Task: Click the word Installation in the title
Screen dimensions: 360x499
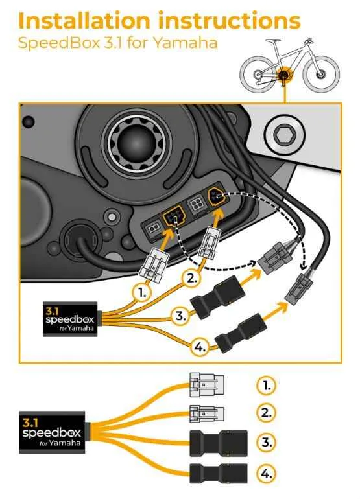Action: click(84, 21)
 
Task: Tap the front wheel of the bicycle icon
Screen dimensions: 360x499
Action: click(322, 74)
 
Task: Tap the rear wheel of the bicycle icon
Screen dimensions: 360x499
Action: click(258, 75)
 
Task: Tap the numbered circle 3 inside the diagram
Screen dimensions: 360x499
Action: click(181, 316)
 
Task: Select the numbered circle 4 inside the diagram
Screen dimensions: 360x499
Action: click(200, 347)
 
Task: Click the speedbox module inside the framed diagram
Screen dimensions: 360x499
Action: click(70, 319)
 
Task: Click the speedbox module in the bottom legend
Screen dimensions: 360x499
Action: click(53, 432)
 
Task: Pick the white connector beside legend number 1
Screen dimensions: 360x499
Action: click(207, 385)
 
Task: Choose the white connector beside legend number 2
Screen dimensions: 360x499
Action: click(207, 413)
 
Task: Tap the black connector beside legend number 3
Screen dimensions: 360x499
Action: click(219, 443)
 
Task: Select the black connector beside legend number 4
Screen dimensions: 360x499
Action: click(219, 474)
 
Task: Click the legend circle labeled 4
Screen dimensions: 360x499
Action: click(266, 474)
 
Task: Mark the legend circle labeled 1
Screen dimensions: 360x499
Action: click(266, 386)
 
